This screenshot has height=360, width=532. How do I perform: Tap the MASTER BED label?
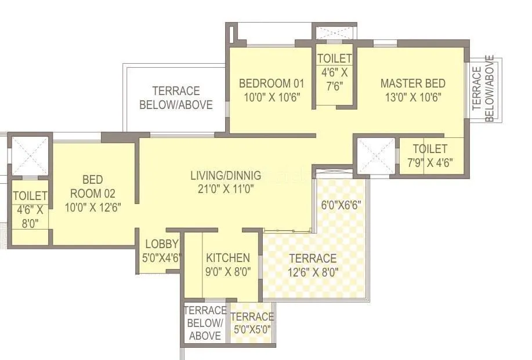click(x=412, y=83)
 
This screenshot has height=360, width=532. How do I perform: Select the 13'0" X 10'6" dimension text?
click(x=412, y=97)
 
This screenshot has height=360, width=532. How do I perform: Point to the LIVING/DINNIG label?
click(x=226, y=175)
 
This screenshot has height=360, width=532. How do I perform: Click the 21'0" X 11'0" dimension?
click(x=226, y=188)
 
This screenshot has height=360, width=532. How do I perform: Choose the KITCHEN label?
click(x=228, y=258)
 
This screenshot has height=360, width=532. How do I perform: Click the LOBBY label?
click(x=158, y=244)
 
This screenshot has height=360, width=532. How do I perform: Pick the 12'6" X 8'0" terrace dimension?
click(x=313, y=271)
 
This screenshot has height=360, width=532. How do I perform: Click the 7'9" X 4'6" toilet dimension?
click(x=430, y=162)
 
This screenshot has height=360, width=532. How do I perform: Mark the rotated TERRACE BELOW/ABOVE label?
click(x=483, y=89)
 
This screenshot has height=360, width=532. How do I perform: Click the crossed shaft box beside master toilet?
click(x=375, y=155)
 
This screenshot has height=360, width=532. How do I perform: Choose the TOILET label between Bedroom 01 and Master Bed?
click(x=334, y=59)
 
